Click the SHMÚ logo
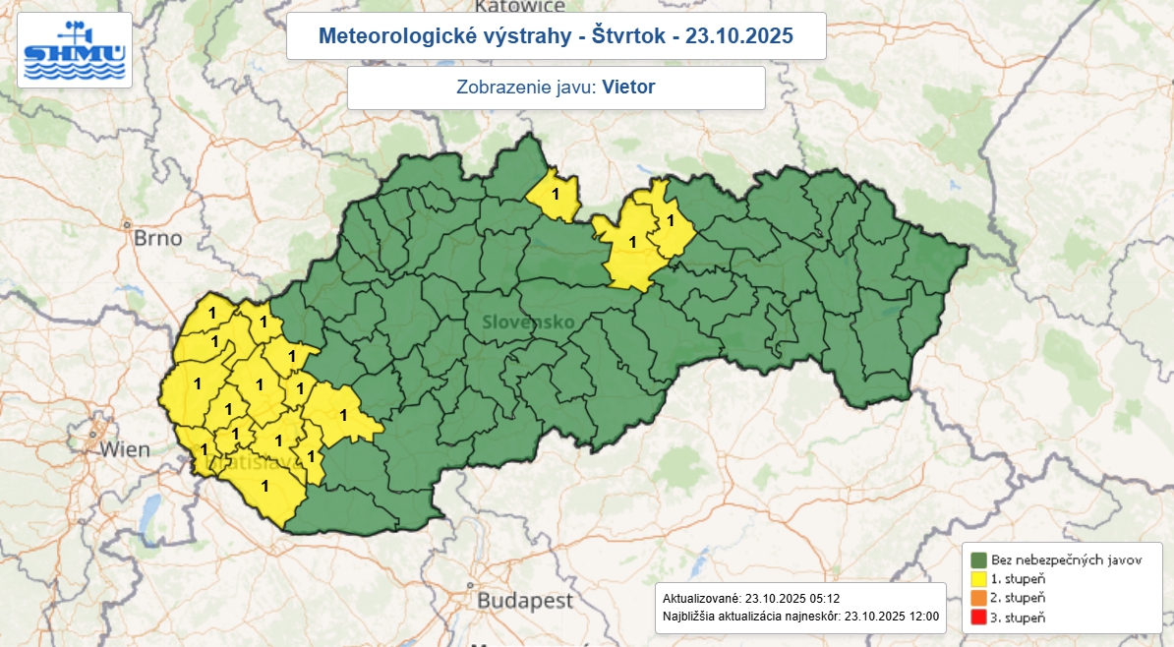pyautogui.click(x=75, y=50)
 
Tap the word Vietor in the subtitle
pyautogui.click(x=628, y=87)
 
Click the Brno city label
pyautogui.click(x=158, y=238)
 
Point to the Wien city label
pyautogui.click(x=124, y=450)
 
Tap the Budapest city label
pyautogui.click(x=525, y=599)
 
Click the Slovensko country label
pyautogui.click(x=528, y=323)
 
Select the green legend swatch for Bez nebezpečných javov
pyautogui.click(x=978, y=559)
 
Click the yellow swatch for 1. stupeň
pyautogui.click(x=978, y=579)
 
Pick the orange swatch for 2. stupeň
pyautogui.click(x=978, y=598)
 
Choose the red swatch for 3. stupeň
pyautogui.click(x=978, y=618)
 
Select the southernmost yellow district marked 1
pyautogui.click(x=263, y=487)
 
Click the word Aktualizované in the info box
pyautogui.click(x=702, y=598)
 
